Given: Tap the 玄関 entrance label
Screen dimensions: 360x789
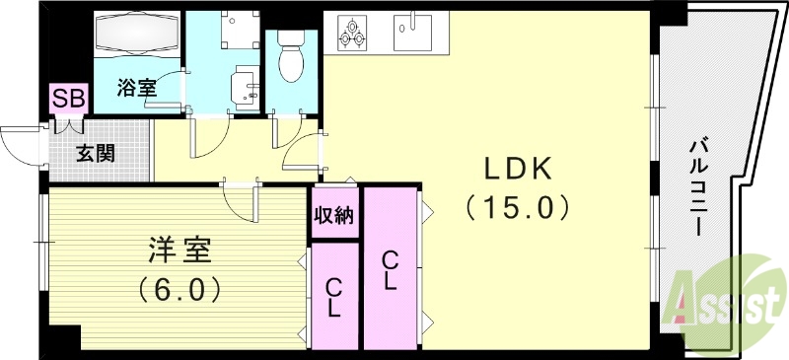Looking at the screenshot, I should pyautogui.click(x=97, y=154).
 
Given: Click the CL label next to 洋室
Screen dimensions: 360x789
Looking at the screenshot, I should pyautogui.click(x=334, y=296).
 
